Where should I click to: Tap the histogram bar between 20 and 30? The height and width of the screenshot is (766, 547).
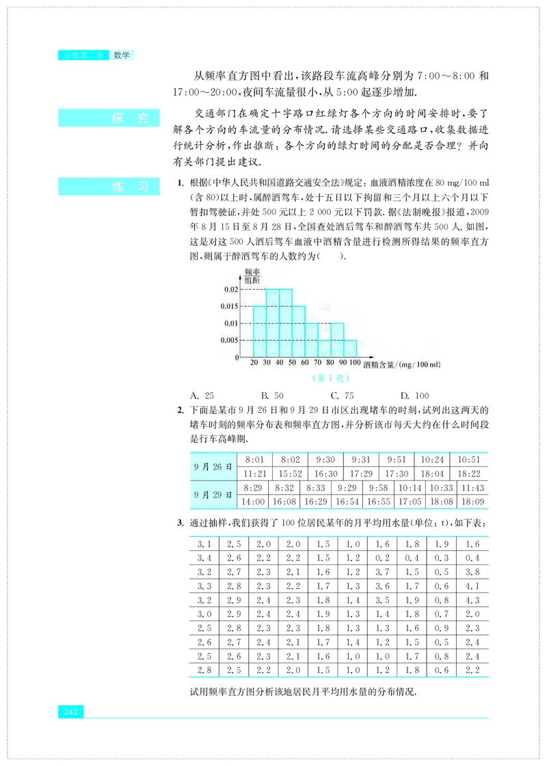[259, 331]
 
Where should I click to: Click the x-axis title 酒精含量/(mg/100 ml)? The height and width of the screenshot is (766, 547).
[401, 365]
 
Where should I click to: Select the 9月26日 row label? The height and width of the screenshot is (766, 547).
[213, 467]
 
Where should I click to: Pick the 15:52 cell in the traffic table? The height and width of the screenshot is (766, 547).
[290, 474]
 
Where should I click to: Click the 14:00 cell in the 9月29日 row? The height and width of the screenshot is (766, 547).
[252, 502]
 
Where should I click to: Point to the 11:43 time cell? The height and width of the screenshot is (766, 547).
[472, 488]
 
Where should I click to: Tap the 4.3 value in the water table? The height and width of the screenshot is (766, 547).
[472, 601]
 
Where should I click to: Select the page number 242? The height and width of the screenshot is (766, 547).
[71, 712]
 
